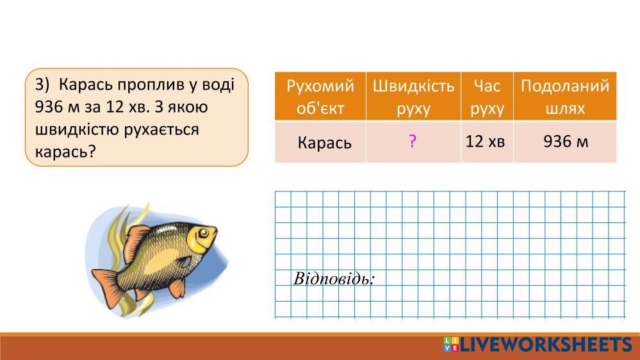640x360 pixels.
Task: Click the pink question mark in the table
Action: [413, 141]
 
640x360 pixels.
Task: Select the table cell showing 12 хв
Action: [487, 142]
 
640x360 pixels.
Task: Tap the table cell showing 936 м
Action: [565, 142]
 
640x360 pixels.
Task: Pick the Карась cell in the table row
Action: [320, 142]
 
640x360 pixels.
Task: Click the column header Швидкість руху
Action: [413, 96]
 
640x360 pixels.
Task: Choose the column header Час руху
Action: [487, 96]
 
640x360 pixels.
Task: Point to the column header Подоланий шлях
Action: [565, 96]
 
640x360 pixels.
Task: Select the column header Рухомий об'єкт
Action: [320, 96]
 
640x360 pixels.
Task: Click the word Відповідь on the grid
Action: [334, 279]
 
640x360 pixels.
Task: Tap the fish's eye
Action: [203, 233]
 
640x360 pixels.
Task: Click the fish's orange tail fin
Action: [107, 286]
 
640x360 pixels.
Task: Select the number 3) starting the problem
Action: [42, 85]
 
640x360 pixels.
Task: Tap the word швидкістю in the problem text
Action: [77, 129]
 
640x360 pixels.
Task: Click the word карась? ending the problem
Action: [65, 152]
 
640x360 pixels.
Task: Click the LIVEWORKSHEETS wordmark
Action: [546, 345]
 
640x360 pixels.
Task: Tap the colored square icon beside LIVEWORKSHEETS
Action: [450, 344]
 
